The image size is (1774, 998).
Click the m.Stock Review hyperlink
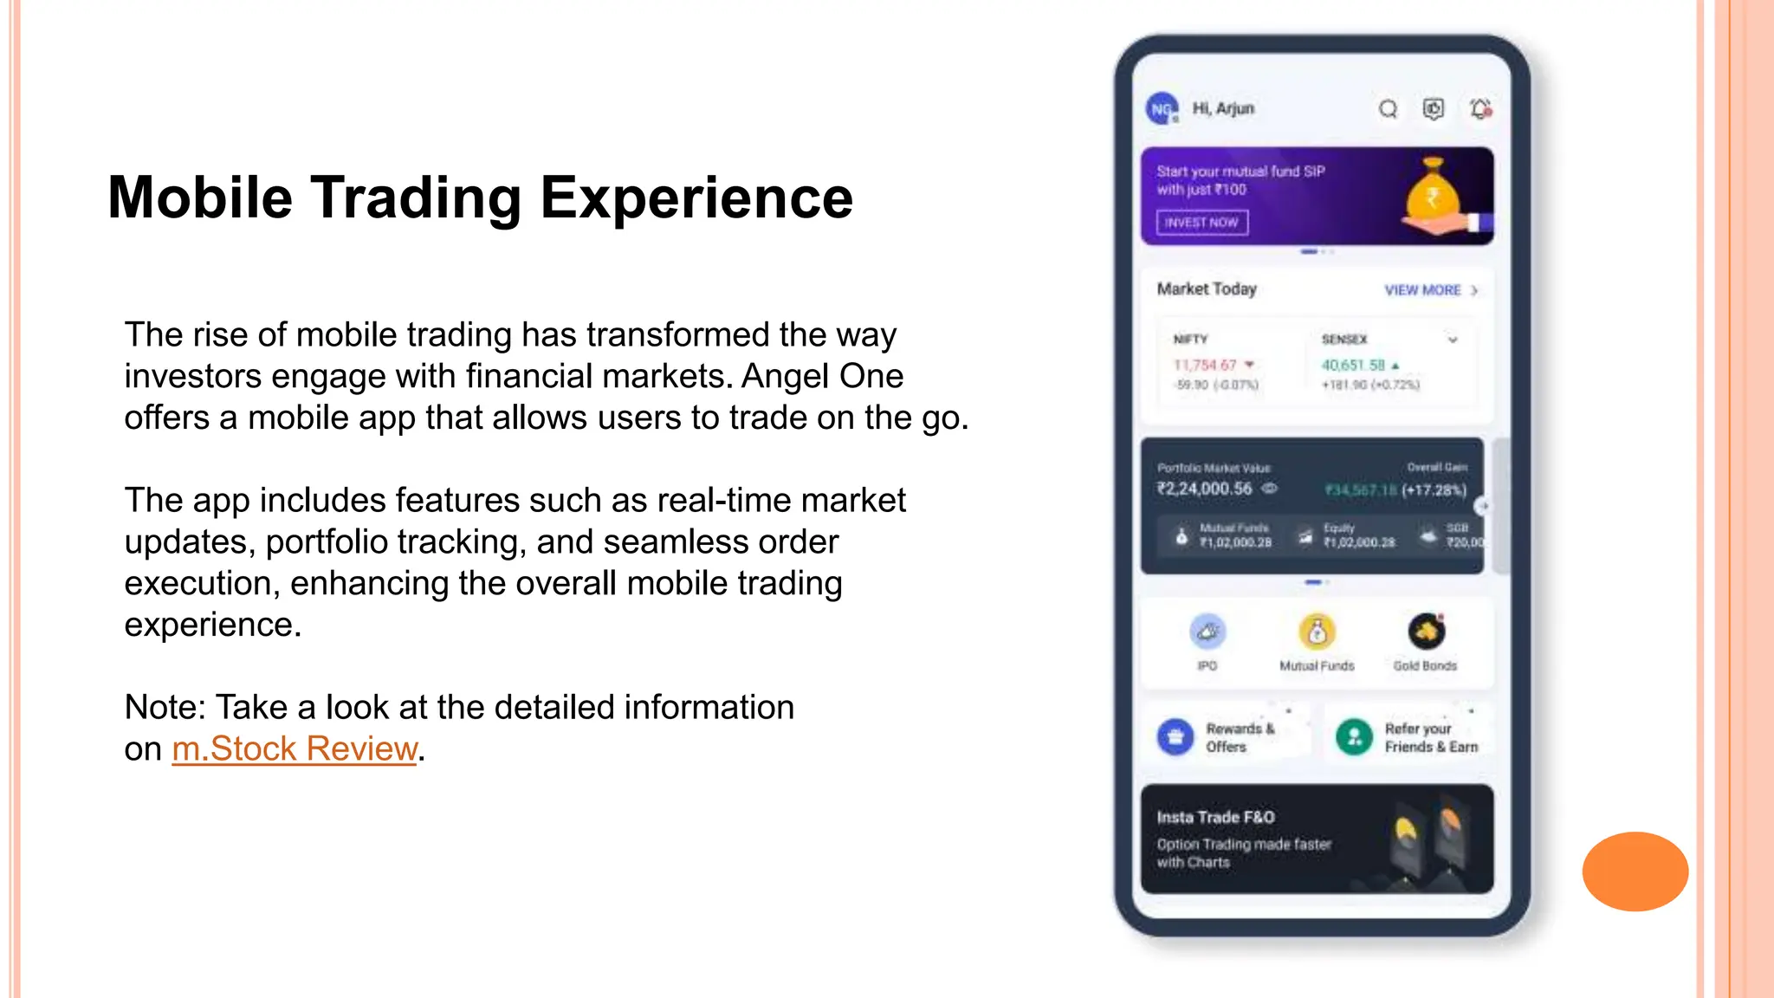tap(295, 748)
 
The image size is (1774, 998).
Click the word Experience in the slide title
tap(696, 198)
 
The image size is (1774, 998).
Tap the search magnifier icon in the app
tap(1388, 109)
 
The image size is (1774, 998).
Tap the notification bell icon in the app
tap(1480, 109)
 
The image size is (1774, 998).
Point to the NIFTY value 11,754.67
tap(1205, 366)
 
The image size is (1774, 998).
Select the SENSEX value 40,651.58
tap(1353, 366)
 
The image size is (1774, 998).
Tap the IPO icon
tap(1207, 632)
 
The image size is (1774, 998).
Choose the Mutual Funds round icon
tap(1317, 632)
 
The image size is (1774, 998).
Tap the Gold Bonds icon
tap(1426, 632)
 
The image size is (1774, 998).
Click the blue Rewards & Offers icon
tap(1175, 737)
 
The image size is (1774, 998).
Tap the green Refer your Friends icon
tap(1354, 737)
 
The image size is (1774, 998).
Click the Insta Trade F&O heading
tap(1215, 817)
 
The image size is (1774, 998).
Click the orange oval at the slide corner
tap(1635, 872)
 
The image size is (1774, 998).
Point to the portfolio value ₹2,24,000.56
tap(1205, 489)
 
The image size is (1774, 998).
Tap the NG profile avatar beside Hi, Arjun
tap(1162, 109)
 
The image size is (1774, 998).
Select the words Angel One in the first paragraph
tap(822, 376)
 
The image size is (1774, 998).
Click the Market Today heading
tap(1207, 289)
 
